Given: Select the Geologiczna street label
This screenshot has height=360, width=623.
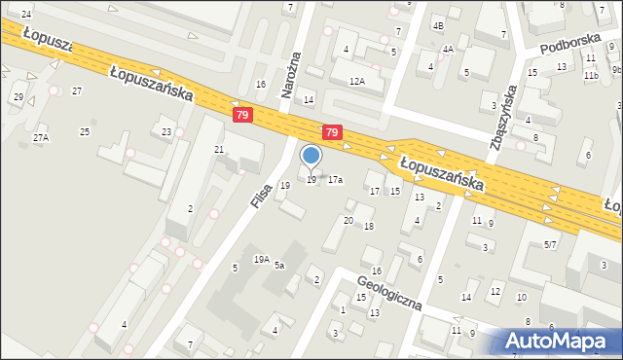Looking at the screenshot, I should click(x=388, y=290).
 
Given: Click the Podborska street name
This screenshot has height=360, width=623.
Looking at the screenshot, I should click(x=566, y=46).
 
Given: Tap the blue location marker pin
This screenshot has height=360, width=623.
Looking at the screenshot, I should click(x=311, y=156).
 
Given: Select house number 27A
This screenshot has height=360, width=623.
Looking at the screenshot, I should click(x=40, y=138).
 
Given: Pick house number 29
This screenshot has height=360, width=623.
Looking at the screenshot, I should click(x=18, y=96).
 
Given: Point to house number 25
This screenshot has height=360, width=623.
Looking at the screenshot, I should click(x=85, y=131).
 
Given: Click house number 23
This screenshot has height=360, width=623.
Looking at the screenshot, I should click(x=166, y=131).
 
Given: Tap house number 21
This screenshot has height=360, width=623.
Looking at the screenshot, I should click(x=219, y=149).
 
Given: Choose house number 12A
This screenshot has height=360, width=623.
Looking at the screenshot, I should click(x=357, y=82).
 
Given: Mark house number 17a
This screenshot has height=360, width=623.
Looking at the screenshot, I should click(x=335, y=180).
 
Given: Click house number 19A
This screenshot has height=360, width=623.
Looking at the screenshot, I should click(x=262, y=259).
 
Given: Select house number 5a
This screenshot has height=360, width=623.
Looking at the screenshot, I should click(x=279, y=265).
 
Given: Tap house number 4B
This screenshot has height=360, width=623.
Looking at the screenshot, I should click(x=438, y=25).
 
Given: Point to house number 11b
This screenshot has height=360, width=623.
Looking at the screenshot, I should click(x=591, y=74).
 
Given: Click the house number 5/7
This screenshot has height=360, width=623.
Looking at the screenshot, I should click(x=551, y=244).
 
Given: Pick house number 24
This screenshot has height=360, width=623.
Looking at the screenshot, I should click(x=25, y=14).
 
